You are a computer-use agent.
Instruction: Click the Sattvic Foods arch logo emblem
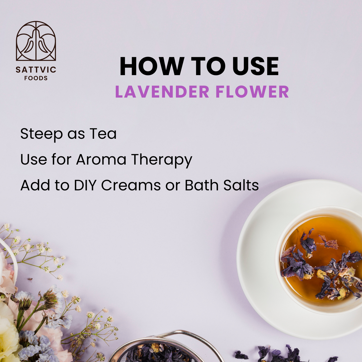[36, 41]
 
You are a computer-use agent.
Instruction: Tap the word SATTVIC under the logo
[36, 70]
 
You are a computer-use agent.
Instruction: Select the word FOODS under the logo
[36, 78]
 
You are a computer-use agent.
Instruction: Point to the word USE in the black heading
[256, 66]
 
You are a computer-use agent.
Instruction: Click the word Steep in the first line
[41, 134]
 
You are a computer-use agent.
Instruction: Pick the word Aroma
[101, 160]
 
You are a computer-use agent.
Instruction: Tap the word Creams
[131, 185]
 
